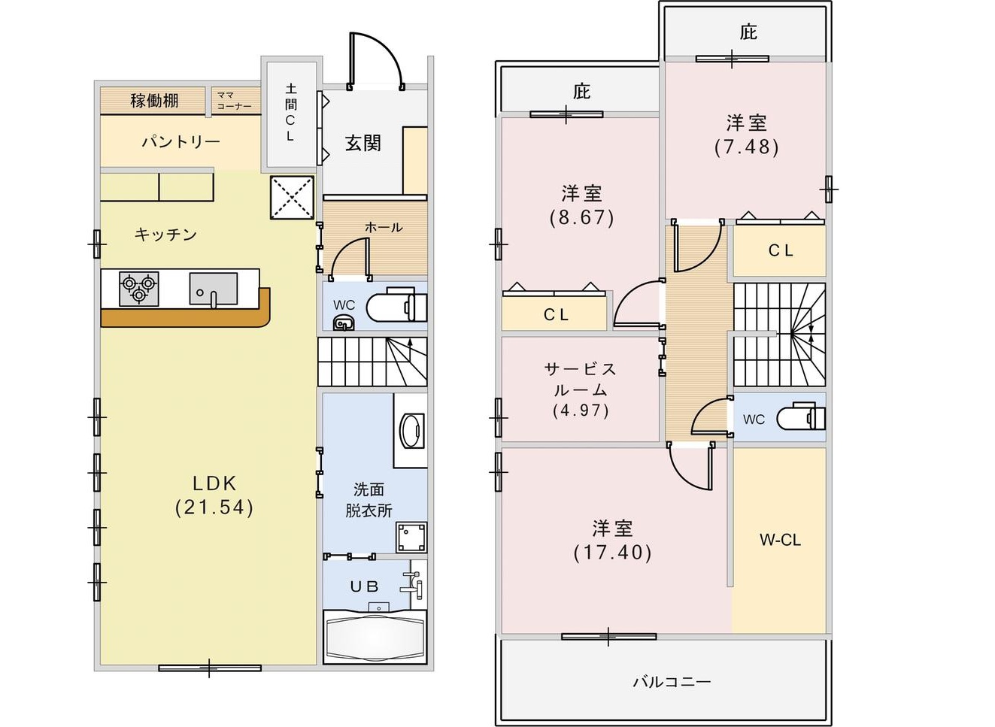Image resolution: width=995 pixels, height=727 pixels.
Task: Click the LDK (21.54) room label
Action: pos(214,495)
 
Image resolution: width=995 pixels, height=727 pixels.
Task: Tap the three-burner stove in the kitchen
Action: pos(138,289)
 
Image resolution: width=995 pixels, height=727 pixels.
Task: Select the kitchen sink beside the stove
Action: pos(214,289)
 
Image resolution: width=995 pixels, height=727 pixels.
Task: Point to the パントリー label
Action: pos(180,142)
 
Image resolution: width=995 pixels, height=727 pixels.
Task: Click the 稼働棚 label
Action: pos(154,101)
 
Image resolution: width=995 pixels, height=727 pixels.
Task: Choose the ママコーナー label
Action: pos(234,101)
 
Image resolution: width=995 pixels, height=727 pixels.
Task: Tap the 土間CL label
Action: pos(290,113)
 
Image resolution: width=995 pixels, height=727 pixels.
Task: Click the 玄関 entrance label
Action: pos(363,144)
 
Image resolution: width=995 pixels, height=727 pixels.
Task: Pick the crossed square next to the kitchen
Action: pos(292,197)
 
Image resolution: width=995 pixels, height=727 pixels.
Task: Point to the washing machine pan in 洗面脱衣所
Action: pos(411,538)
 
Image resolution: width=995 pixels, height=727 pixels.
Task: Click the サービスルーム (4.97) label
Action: pos(580,389)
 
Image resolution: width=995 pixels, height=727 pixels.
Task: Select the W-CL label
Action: pos(780,540)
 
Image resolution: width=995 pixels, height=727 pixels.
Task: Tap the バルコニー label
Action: pos(672,681)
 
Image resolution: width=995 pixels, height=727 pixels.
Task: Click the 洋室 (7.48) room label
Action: pos(747,135)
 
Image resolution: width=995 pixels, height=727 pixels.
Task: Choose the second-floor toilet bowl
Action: pos(801,417)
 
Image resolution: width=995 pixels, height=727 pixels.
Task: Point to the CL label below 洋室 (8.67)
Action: pos(556,315)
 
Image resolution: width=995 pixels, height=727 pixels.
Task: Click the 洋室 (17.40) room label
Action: pos(612,540)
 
